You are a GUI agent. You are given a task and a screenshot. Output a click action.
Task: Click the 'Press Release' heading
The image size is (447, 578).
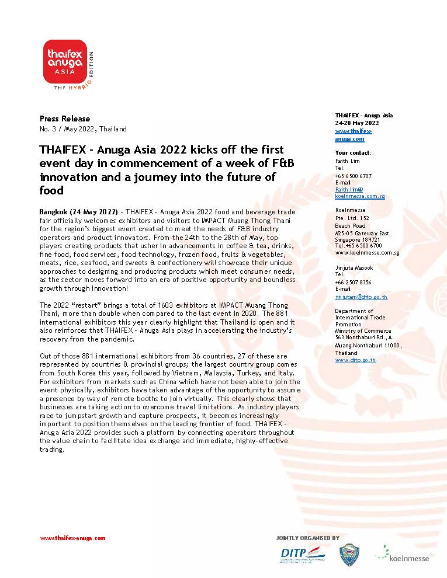(x=65, y=119)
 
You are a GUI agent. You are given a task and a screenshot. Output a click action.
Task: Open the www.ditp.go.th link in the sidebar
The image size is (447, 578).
(x=355, y=360)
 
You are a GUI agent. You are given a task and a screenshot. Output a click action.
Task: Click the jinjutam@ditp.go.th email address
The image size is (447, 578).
(x=361, y=297)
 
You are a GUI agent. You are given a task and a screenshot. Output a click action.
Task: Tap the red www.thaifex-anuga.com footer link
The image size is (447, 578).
(x=72, y=538)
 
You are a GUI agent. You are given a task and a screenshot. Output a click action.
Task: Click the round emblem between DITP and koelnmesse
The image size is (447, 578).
(x=349, y=555)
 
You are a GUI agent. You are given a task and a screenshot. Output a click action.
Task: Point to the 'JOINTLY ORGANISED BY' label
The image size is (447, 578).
(x=307, y=538)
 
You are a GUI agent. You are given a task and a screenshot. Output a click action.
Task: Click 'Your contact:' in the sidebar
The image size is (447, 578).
(x=353, y=153)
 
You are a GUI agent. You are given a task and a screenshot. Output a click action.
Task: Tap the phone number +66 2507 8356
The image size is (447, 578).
(x=353, y=282)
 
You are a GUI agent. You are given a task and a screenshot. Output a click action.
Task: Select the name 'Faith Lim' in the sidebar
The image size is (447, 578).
(x=348, y=161)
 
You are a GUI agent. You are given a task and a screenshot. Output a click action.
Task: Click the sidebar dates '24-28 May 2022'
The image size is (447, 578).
(x=357, y=123)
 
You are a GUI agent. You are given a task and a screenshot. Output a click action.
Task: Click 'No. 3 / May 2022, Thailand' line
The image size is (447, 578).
(x=83, y=129)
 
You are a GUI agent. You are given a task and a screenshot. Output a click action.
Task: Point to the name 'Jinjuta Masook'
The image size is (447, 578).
(x=355, y=267)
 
